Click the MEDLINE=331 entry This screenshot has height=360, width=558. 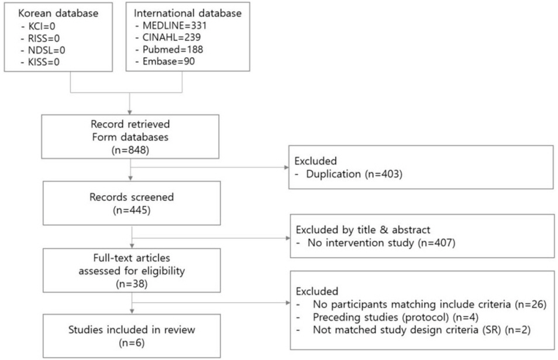pos(174,26)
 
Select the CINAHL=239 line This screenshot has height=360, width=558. pos(171,37)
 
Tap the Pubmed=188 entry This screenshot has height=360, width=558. pos(173,49)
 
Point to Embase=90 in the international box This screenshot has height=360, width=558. pos(168,61)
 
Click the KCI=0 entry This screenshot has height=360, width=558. pos(42,26)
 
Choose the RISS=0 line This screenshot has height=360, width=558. pos(44,39)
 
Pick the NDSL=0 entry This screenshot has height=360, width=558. pos(47,50)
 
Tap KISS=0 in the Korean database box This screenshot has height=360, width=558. pos(44,63)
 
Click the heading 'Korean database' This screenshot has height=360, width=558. pos(58,13)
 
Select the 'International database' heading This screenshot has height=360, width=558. pos(188,13)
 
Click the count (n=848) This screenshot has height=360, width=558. pos(130,150)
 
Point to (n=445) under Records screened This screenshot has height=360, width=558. pos(132,210)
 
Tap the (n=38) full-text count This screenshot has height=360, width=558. pos(132,283)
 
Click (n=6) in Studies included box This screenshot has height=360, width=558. pos(132,343)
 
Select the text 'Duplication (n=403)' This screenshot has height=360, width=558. pos(354,174)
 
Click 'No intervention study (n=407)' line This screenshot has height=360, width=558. pos(381,243)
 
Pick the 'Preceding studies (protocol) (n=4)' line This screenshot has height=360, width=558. pos(396,317)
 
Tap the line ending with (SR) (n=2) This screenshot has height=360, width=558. pos(422,330)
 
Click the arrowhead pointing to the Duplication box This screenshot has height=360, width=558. pos(287,167)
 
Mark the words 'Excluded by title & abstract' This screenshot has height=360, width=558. pos(363,230)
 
